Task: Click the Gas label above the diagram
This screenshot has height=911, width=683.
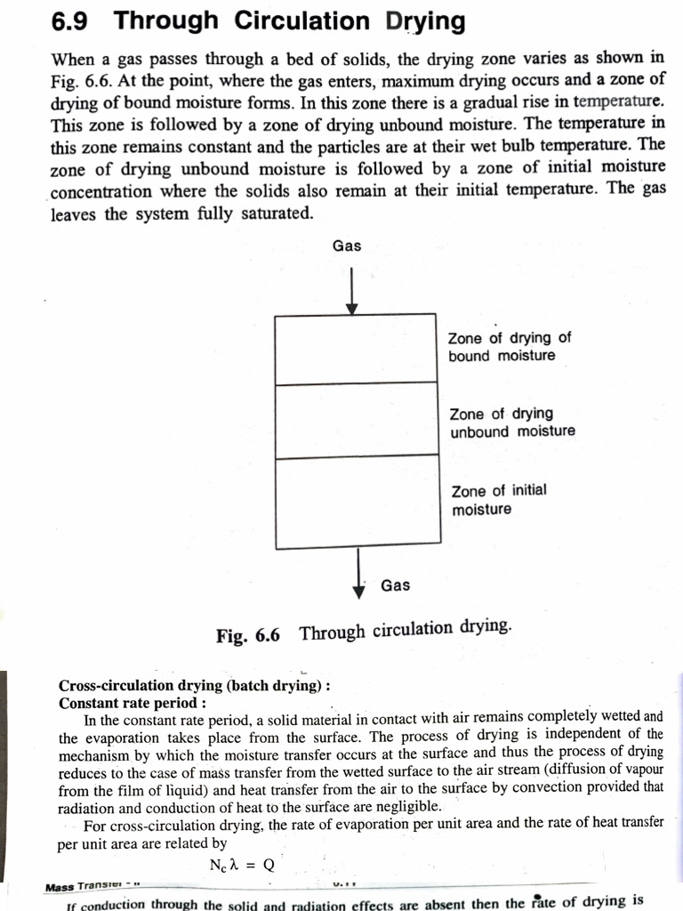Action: pos(347,246)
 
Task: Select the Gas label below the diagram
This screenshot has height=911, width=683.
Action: pos(396,584)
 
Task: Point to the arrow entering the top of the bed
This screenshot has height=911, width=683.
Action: pos(352,289)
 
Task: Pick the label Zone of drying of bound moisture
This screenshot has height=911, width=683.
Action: pos(510,347)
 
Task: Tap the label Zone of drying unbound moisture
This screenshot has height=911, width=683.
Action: pos(512,423)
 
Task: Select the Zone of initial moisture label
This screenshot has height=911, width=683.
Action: pos(499,500)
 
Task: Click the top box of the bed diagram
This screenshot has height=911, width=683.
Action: pos(356,349)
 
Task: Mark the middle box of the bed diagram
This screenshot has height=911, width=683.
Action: pos(357,420)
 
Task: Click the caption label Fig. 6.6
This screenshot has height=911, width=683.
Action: pos(248,635)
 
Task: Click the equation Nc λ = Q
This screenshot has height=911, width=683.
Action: pos(243,864)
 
